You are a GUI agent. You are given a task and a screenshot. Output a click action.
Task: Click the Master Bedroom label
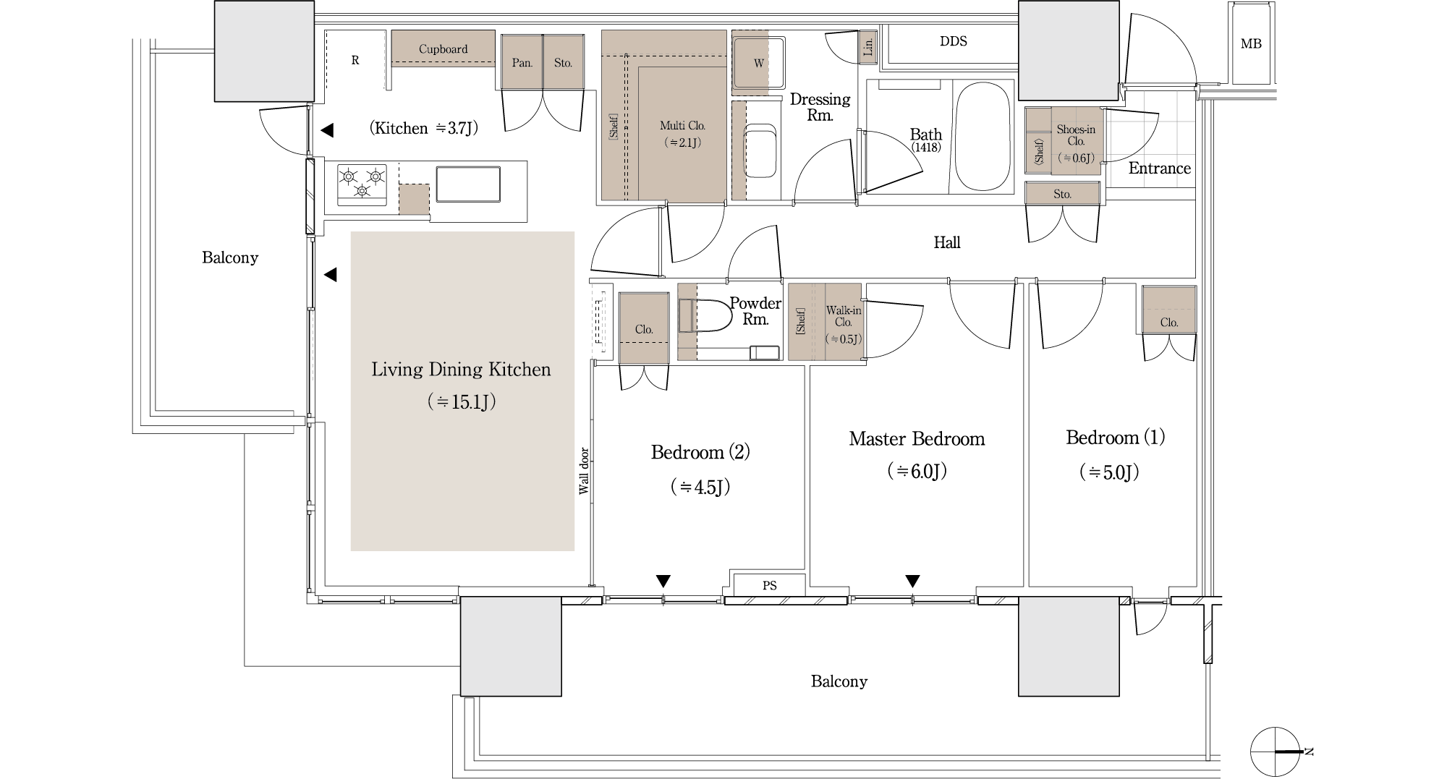click(x=917, y=439)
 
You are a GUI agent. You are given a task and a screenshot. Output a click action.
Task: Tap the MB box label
click(x=1251, y=44)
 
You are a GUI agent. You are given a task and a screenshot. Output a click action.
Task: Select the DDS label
click(x=953, y=41)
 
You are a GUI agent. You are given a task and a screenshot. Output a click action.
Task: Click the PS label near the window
click(x=769, y=585)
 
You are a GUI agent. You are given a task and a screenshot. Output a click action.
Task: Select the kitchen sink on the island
click(x=467, y=184)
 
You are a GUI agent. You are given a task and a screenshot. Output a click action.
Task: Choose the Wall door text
click(x=584, y=471)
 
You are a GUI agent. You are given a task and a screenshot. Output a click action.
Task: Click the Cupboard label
click(x=443, y=49)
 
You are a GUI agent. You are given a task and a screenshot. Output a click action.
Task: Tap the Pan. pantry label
click(x=522, y=63)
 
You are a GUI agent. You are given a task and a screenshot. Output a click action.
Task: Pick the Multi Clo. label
click(x=682, y=126)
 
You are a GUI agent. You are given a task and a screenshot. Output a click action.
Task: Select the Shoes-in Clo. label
click(x=1076, y=135)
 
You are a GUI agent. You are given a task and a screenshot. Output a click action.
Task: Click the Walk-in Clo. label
click(x=844, y=316)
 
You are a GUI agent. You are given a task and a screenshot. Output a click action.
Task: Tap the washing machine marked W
click(x=759, y=63)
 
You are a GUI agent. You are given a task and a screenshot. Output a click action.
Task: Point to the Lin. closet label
click(x=868, y=47)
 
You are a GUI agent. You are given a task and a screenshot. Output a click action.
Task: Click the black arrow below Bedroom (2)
click(x=663, y=581)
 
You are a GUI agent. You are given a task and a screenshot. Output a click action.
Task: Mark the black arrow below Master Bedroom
click(x=913, y=581)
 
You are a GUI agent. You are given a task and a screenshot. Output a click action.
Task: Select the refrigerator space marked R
click(x=355, y=61)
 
